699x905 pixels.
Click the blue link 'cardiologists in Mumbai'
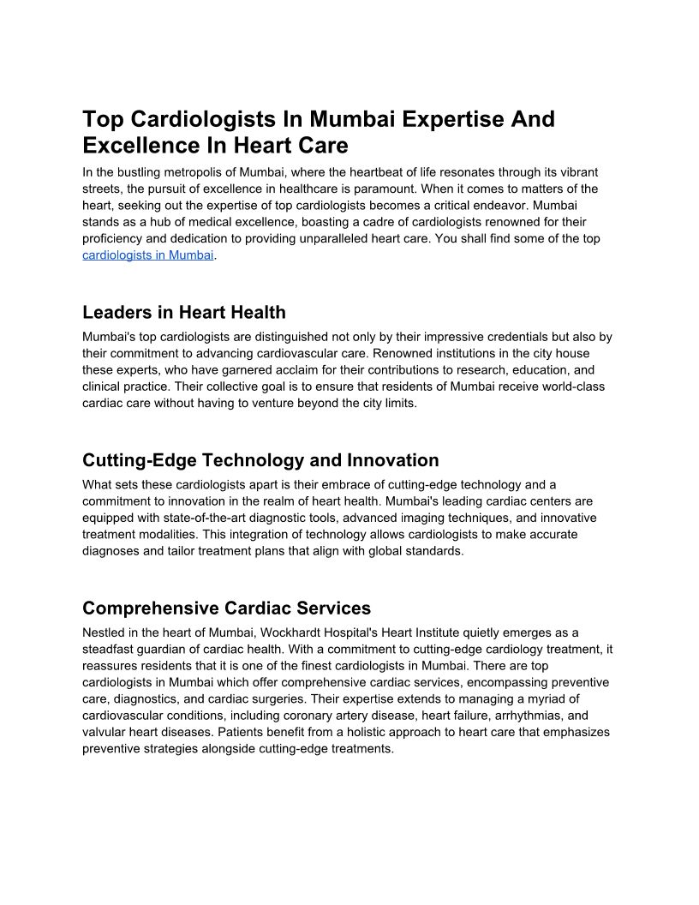(147, 255)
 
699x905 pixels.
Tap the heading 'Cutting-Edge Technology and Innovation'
(260, 460)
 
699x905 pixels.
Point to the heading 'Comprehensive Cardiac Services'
(226, 608)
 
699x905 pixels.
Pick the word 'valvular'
(105, 732)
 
